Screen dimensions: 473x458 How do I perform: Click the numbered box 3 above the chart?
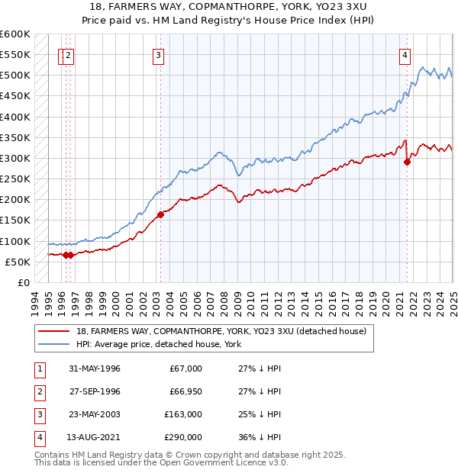point(158,54)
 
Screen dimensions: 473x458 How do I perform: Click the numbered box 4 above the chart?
point(404,54)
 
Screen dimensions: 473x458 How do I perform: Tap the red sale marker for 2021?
point(407,162)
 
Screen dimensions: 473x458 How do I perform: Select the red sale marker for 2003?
point(160,214)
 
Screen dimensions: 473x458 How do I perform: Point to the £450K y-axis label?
point(15,96)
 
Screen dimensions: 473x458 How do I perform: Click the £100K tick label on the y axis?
point(15,241)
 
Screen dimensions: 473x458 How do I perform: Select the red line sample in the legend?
point(53,331)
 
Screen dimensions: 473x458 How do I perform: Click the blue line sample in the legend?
point(53,344)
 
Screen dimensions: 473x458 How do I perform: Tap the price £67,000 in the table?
point(185,368)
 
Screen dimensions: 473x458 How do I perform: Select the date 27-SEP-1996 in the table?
point(95,391)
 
